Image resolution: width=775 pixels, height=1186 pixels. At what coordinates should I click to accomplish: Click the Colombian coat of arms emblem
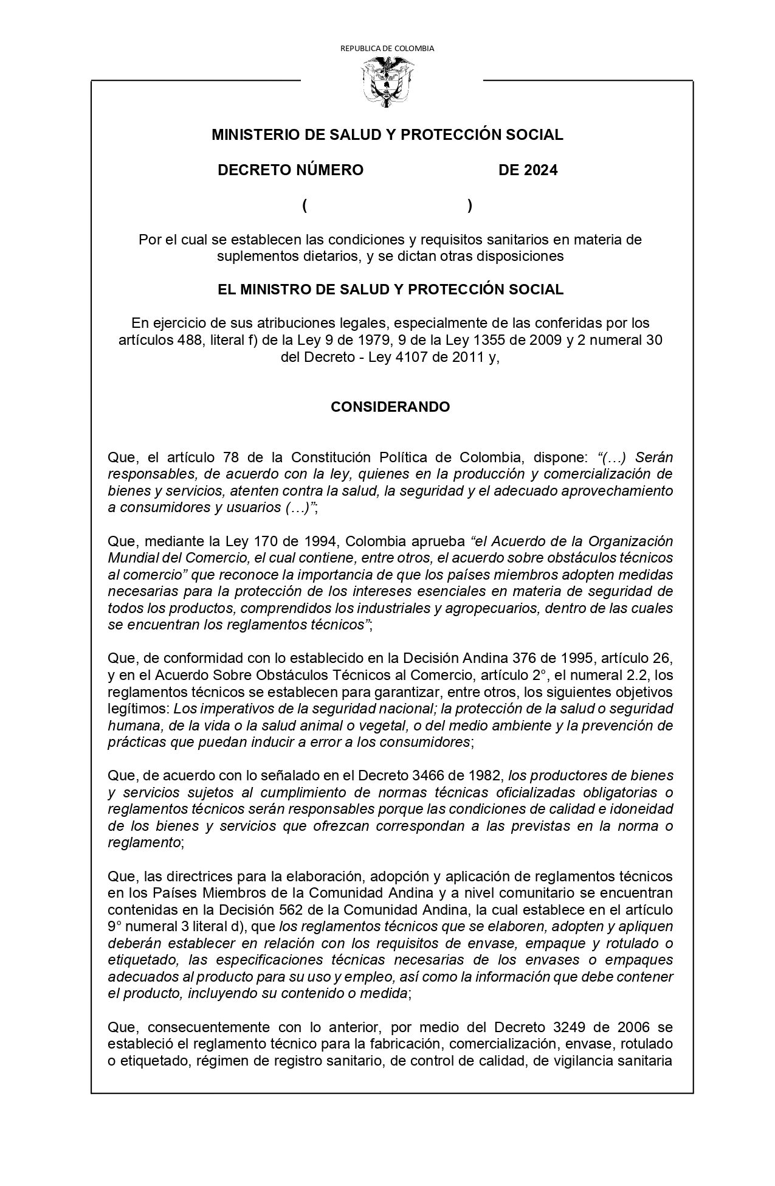click(x=387, y=82)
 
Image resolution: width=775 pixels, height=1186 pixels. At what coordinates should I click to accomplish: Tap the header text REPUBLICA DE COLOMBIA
click(x=387, y=48)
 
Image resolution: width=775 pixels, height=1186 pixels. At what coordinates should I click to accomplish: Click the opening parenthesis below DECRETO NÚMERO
click(x=304, y=206)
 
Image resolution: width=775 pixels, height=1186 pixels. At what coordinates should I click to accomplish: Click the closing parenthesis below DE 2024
click(x=470, y=206)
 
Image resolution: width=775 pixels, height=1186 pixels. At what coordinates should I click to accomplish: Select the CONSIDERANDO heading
click(x=390, y=407)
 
